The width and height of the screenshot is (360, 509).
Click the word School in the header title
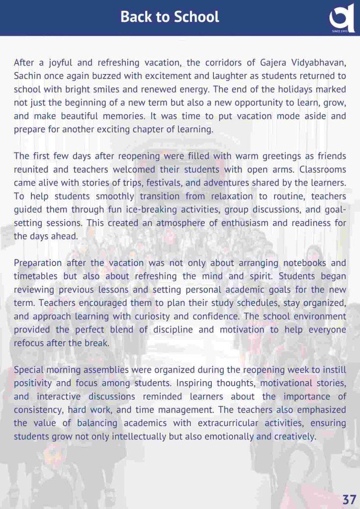[195, 17]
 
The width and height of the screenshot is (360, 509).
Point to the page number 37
[349, 499]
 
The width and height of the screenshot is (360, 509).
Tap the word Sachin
[28, 76]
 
